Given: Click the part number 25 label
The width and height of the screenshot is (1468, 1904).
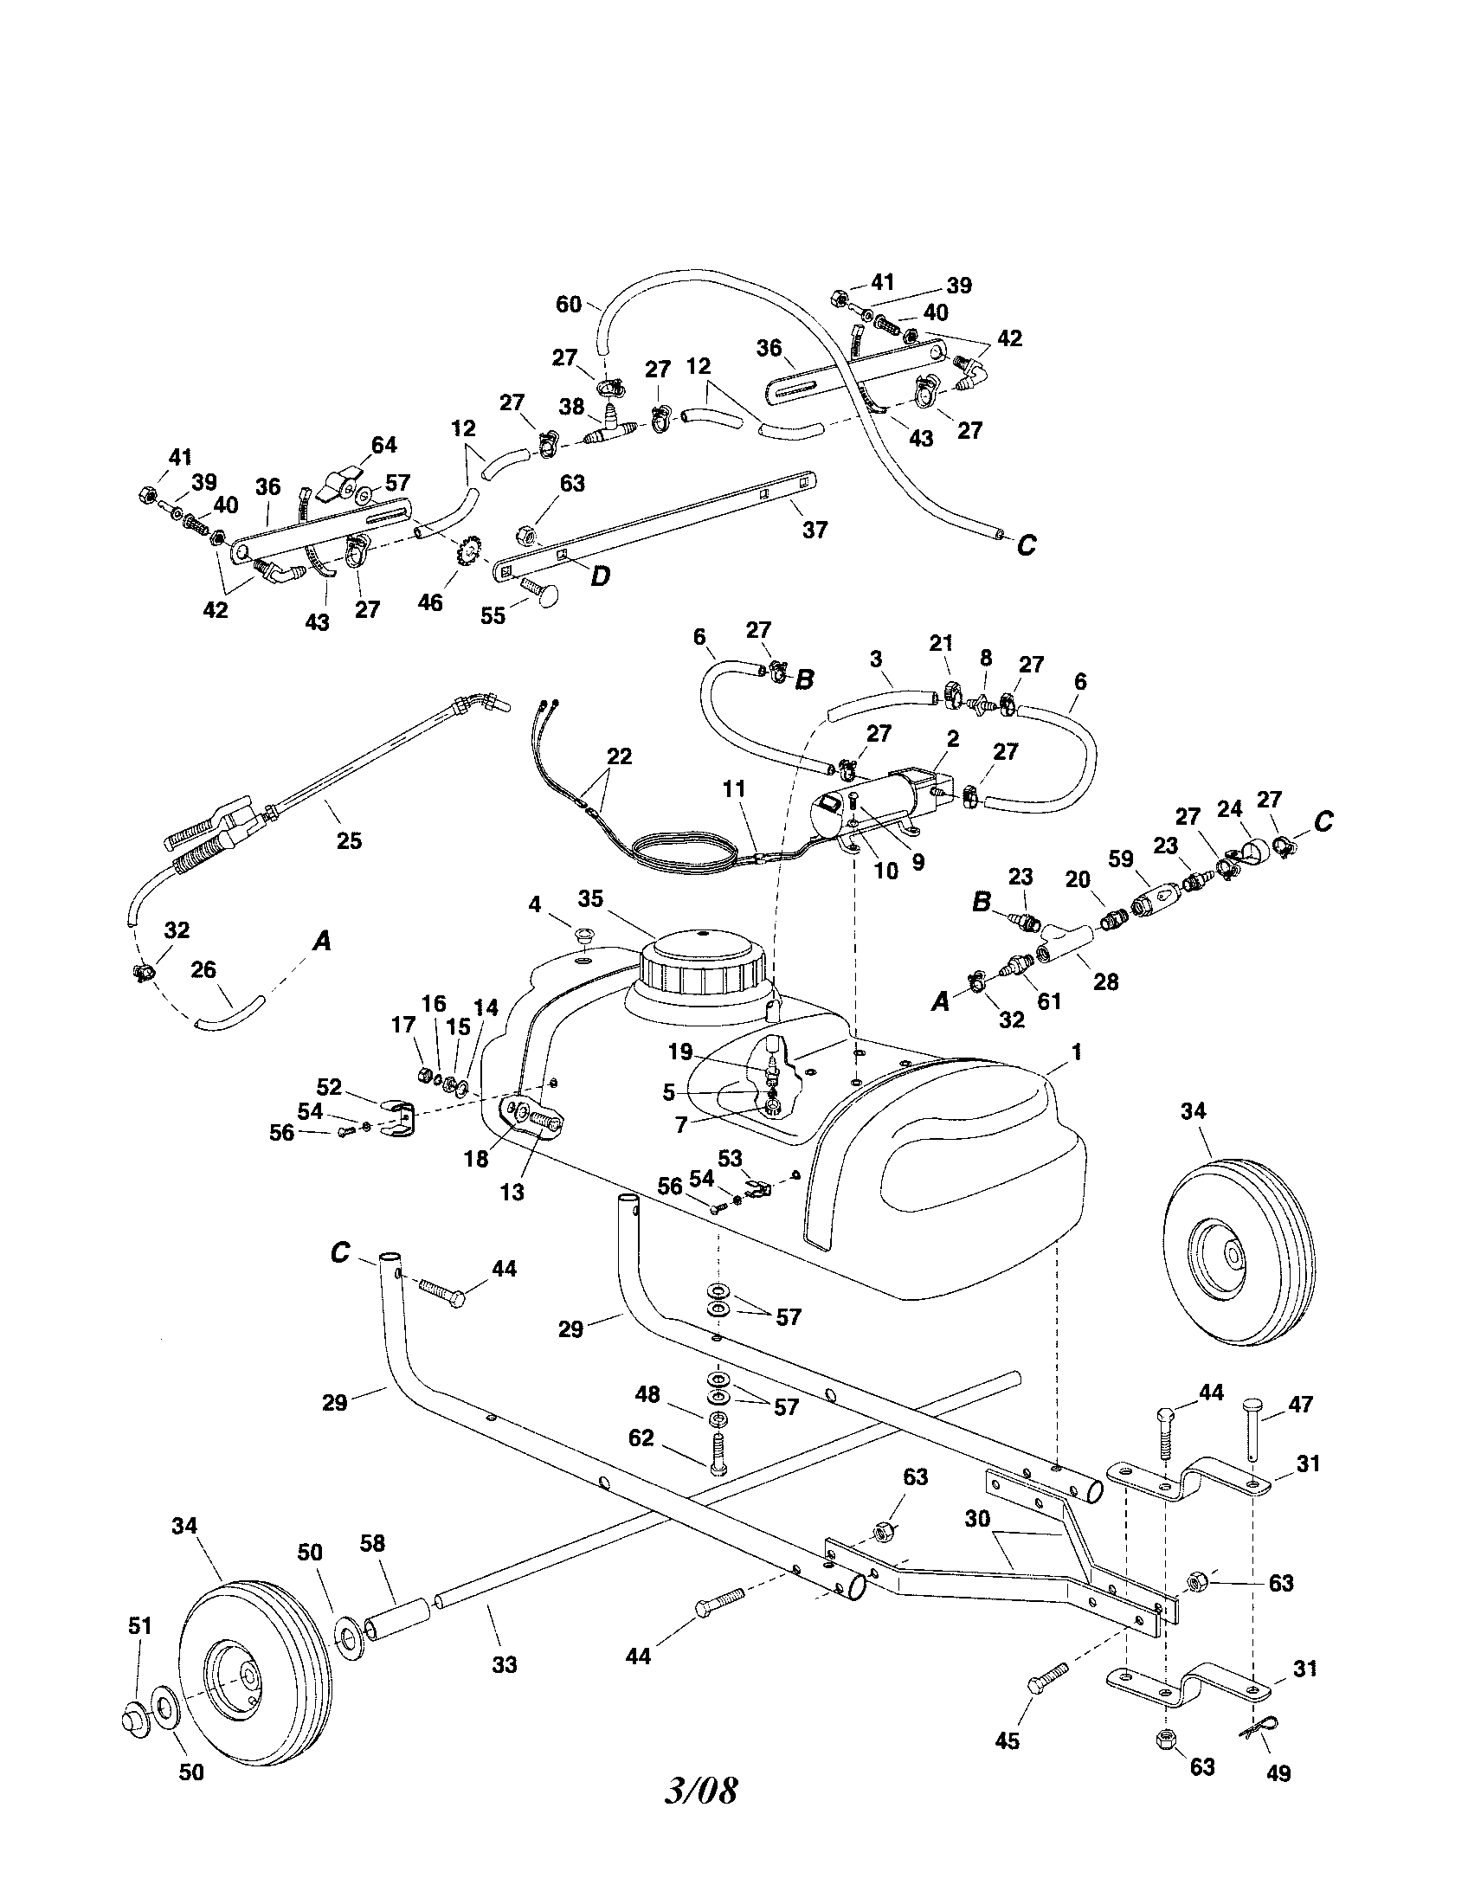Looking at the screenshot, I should click(349, 840).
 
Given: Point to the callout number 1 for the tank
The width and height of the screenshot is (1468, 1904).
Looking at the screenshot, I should click(1077, 1052).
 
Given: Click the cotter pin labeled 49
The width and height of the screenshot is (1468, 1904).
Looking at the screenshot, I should click(1256, 1714).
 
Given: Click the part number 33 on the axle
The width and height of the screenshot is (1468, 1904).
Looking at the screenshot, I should click(504, 1664).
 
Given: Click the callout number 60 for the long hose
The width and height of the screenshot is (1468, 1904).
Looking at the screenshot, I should click(569, 304).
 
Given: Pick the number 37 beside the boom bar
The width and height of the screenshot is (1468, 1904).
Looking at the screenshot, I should click(814, 529).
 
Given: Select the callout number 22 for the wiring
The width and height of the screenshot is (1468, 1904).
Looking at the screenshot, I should click(619, 756).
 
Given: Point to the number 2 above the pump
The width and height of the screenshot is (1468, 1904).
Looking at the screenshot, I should click(953, 739).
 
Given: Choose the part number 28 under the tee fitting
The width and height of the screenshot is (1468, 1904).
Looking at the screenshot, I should click(1105, 981).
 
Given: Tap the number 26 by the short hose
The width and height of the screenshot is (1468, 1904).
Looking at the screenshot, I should click(203, 970).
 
